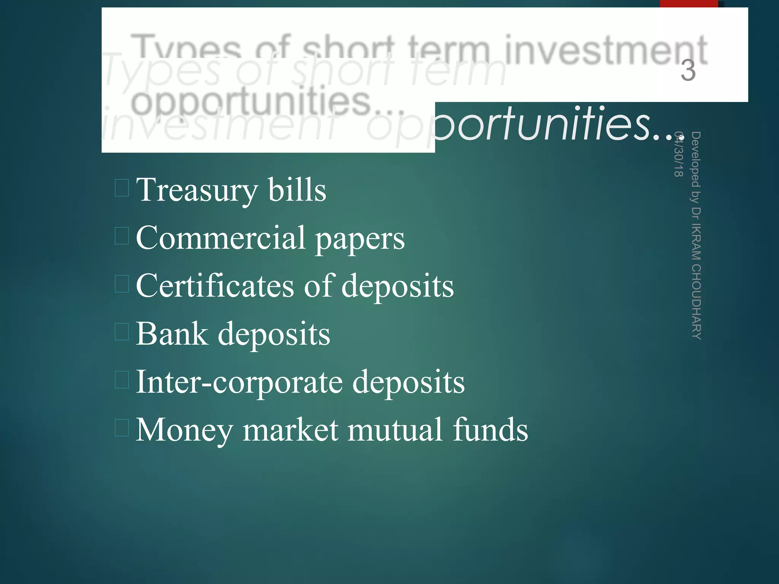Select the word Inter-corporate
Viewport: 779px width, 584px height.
(239, 382)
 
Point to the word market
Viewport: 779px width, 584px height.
(291, 430)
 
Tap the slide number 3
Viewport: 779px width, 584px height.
(688, 71)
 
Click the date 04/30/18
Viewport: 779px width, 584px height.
(679, 154)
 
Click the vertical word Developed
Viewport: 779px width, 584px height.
(696, 160)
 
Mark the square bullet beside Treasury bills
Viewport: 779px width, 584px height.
(122, 188)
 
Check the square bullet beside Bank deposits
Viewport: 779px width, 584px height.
(122, 332)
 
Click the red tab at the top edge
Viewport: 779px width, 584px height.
(688, 3)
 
